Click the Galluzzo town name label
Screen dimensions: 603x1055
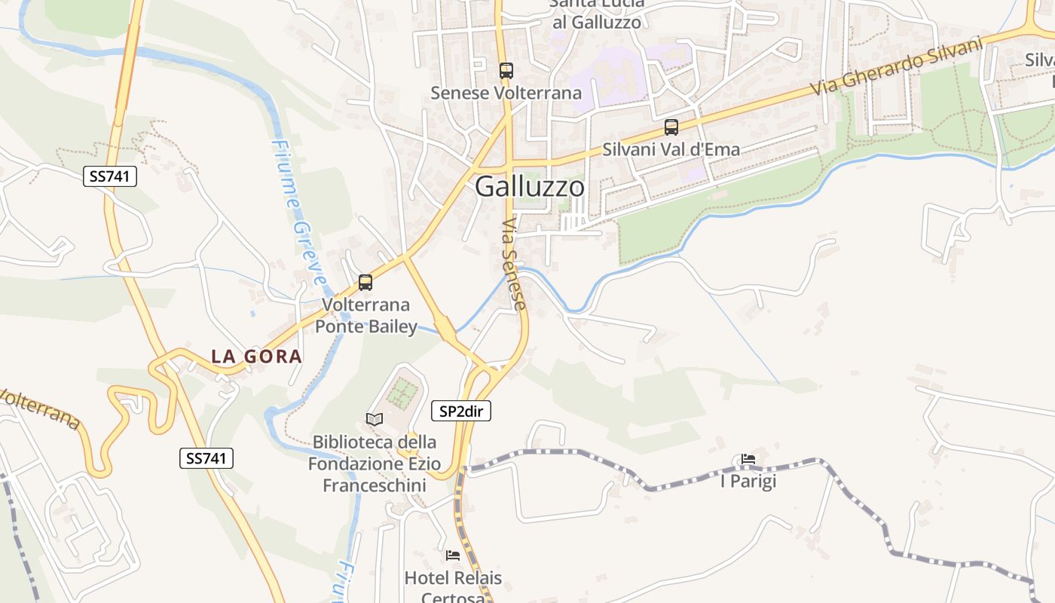point(529,186)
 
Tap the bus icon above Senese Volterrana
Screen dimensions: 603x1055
point(506,71)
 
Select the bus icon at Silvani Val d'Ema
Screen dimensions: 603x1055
point(671,127)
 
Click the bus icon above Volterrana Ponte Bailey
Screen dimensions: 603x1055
point(365,283)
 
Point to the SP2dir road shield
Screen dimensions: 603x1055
point(461,411)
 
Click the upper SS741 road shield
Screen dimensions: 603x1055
point(110,177)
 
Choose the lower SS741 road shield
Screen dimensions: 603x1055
point(206,458)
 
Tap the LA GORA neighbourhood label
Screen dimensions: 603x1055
point(256,357)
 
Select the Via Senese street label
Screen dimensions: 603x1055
point(513,264)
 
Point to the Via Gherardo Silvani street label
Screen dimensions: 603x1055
point(898,66)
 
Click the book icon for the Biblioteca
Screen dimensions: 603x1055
point(375,418)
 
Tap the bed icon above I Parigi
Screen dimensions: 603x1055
point(748,458)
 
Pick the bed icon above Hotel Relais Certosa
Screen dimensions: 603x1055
point(453,556)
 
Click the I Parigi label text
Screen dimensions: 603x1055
point(748,481)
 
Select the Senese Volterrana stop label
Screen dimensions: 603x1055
point(506,93)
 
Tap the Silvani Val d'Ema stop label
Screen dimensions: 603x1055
point(671,149)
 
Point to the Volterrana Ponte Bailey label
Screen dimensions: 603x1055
point(365,315)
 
